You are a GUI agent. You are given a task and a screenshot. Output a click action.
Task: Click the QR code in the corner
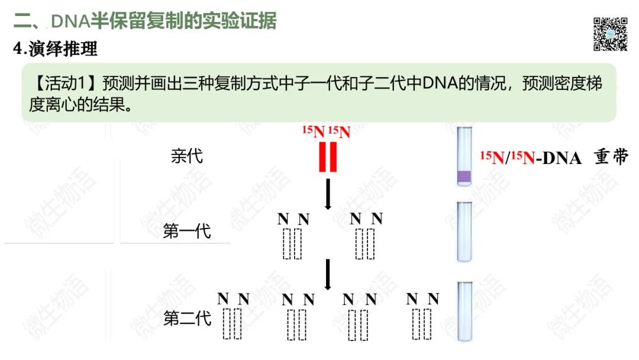point(610,34)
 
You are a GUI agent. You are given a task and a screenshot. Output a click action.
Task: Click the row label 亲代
point(186,156)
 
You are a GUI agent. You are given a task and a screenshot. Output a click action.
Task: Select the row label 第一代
point(187,231)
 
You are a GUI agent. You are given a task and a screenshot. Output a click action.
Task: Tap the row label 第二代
point(187,319)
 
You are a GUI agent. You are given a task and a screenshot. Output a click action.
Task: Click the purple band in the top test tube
point(464,175)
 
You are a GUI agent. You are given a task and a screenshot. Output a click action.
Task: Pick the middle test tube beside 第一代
point(464,231)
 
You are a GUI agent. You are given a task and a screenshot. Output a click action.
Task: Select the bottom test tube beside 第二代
point(464,311)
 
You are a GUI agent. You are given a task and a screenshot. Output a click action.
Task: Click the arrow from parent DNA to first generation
point(327,194)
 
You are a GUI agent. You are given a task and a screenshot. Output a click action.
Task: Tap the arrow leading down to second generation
point(327,274)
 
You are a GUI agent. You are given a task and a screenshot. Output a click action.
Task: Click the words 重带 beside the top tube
point(609,157)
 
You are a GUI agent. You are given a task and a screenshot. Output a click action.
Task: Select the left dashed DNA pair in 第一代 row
point(292,243)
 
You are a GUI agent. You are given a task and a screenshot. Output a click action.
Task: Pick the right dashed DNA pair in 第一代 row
point(365,243)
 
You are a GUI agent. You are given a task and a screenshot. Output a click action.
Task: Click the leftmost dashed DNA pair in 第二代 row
point(233,323)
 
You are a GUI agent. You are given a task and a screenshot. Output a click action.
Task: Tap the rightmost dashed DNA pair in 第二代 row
point(422,323)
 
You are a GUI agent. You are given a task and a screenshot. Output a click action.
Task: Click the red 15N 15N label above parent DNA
point(327,131)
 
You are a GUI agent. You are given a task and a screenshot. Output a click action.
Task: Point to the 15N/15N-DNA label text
point(530,157)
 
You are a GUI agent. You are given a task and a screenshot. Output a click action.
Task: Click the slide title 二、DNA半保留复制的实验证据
point(145,21)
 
